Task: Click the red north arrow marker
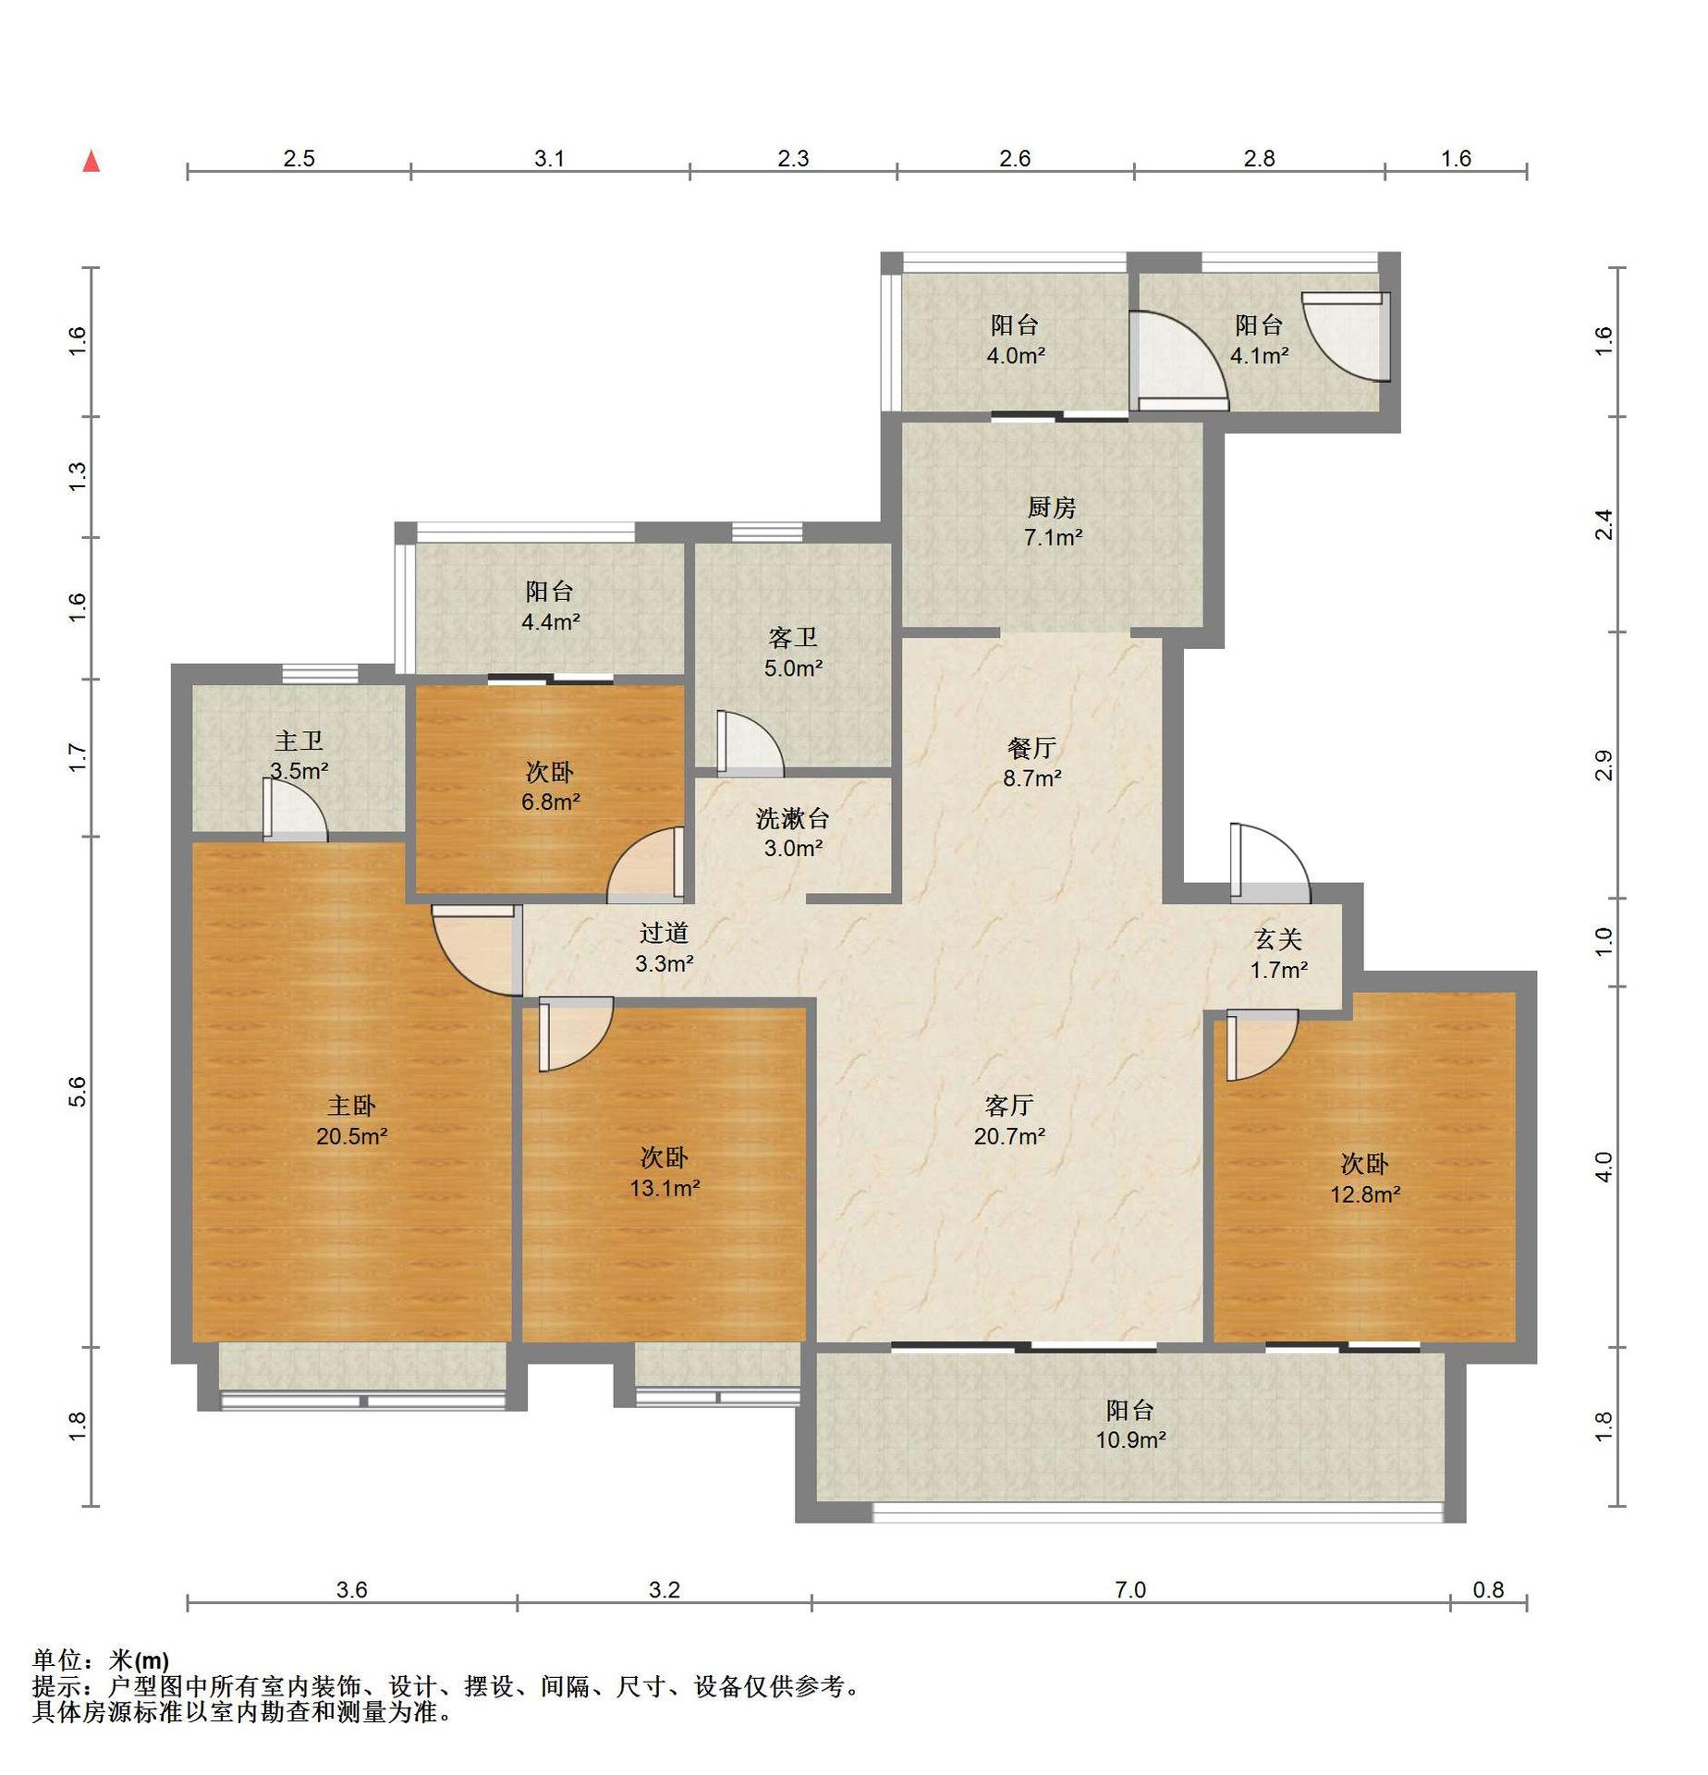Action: [91, 161]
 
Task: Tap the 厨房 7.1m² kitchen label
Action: [1053, 522]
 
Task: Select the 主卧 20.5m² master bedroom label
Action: [351, 1120]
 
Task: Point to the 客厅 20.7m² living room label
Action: [1009, 1120]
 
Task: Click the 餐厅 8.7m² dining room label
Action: [1032, 763]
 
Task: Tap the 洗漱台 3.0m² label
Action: [793, 833]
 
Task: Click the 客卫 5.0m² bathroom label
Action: [793, 653]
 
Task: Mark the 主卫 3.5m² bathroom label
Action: [299, 755]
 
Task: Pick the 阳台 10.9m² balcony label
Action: [1130, 1425]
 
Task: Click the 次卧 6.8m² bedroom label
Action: [551, 787]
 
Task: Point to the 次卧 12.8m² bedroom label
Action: [1365, 1179]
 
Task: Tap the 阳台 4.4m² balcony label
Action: [551, 606]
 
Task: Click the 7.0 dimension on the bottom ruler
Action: [1130, 1589]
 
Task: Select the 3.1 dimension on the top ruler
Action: [549, 158]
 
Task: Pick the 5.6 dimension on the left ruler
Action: [78, 1092]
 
